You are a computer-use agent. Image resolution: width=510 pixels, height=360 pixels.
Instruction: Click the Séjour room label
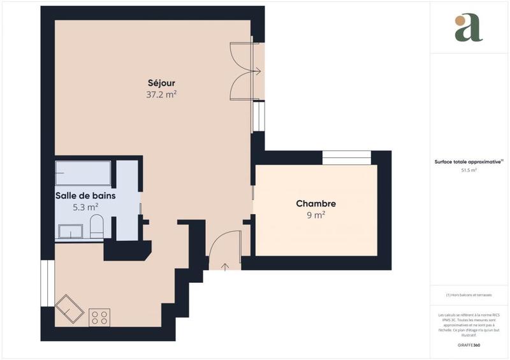pyautogui.click(x=161, y=83)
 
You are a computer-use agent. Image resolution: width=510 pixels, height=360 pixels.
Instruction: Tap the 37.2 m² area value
pyautogui.click(x=161, y=94)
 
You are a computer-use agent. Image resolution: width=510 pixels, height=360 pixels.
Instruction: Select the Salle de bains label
pyautogui.click(x=85, y=196)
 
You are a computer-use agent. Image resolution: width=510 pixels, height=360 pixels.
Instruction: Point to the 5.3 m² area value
pyautogui.click(x=85, y=207)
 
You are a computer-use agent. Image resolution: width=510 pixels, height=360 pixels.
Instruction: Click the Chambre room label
pyautogui.click(x=316, y=204)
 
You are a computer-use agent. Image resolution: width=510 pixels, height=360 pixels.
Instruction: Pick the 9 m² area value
pyautogui.click(x=316, y=215)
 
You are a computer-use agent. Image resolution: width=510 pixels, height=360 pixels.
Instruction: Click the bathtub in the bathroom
pyautogui.click(x=83, y=173)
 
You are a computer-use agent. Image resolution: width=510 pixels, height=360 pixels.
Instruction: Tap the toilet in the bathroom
pyautogui.click(x=96, y=226)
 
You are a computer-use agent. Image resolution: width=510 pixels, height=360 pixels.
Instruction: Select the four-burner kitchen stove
pyautogui.click(x=99, y=317)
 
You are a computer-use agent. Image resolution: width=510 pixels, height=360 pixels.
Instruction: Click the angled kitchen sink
pyautogui.click(x=69, y=309)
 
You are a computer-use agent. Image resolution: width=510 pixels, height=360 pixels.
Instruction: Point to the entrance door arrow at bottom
pyautogui.click(x=224, y=264)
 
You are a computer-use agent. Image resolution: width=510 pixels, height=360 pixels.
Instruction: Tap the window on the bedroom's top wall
pyautogui.click(x=346, y=154)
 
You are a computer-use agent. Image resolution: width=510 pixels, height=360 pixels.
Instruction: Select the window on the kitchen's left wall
pyautogui.click(x=45, y=280)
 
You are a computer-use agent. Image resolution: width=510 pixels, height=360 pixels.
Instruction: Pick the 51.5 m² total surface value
pyautogui.click(x=469, y=171)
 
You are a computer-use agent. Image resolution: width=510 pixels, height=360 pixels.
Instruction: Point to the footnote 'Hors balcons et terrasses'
pyautogui.click(x=469, y=295)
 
